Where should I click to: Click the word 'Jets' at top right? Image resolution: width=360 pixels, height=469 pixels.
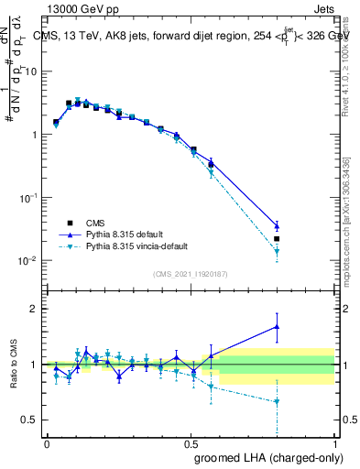point(323,7)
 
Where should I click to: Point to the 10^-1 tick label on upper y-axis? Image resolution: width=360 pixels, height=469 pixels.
point(27,198)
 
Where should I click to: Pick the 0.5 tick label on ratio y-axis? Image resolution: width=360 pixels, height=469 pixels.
point(29,420)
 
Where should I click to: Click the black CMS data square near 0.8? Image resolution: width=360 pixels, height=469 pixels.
point(277,239)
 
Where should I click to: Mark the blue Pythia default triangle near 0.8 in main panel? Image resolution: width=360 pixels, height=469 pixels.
point(277,226)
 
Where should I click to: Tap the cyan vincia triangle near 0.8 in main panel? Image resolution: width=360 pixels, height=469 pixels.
point(277,252)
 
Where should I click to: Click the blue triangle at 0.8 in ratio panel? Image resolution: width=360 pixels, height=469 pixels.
point(277,326)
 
